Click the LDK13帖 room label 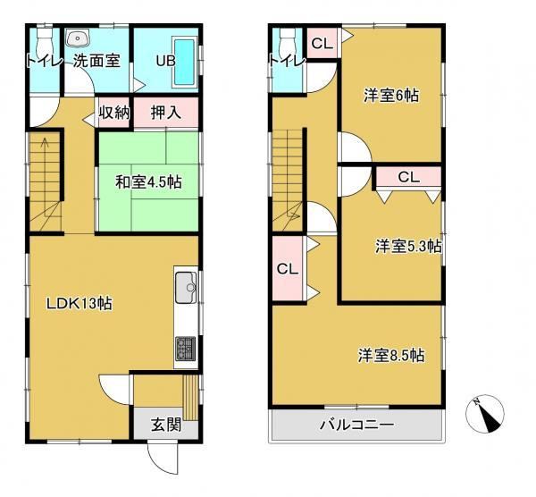(79, 303)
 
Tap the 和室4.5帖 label (148, 182)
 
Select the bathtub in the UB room (185, 63)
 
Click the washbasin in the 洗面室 (78, 38)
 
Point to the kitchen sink (186, 287)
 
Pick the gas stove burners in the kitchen (186, 349)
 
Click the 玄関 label (166, 425)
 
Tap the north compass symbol (485, 414)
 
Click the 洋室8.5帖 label (391, 356)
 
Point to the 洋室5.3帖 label (408, 247)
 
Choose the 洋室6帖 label (391, 96)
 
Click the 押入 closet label (166, 113)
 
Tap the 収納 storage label (114, 113)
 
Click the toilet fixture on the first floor (44, 42)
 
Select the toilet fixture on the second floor (287, 42)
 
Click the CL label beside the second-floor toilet (322, 44)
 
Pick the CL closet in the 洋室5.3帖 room (409, 177)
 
